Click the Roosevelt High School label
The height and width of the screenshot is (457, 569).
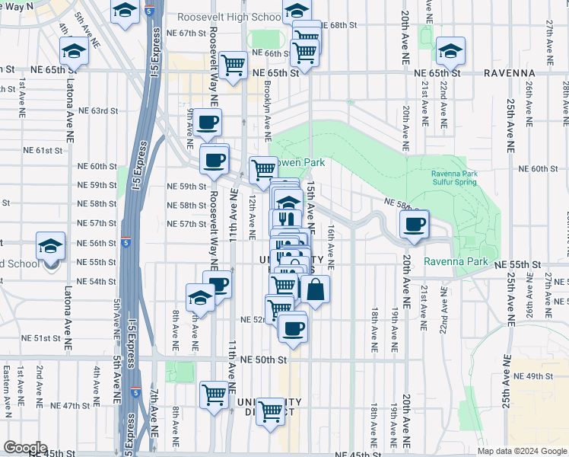pyautogui.click(x=229, y=18)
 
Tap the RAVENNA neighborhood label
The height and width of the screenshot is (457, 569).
pyautogui.click(x=510, y=73)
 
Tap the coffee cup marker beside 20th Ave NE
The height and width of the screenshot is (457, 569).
pyautogui.click(x=415, y=225)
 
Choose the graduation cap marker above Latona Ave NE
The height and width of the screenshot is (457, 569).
pyautogui.click(x=74, y=52)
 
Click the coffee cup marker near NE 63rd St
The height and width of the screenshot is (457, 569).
pyautogui.click(x=207, y=122)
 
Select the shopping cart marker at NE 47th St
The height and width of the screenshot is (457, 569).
pyautogui.click(x=215, y=395)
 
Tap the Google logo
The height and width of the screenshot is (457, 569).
pyautogui.click(x=24, y=448)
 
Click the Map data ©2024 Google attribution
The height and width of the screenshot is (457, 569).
pyautogui.click(x=521, y=451)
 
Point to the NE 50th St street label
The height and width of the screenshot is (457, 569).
pyautogui.click(x=263, y=360)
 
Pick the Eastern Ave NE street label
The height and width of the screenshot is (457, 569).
pyautogui.click(x=6, y=391)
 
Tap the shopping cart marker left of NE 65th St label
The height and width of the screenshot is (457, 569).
pyautogui.click(x=233, y=66)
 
